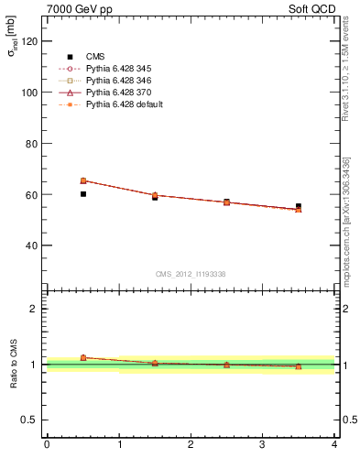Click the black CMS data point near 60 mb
coord(83,194)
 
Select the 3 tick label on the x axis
coord(262,445)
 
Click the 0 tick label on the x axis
coord(47,445)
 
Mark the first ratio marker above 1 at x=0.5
coord(83,357)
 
